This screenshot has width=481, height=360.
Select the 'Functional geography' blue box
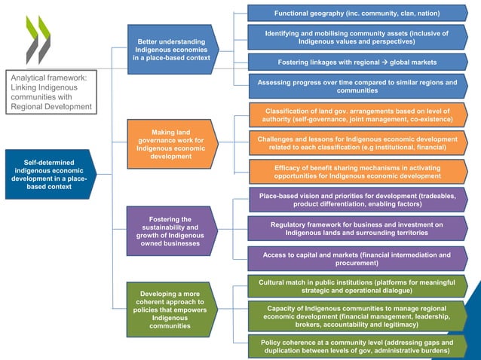[357, 14]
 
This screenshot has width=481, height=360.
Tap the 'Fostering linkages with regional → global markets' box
[357, 62]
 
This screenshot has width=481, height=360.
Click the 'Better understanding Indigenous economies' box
[173, 49]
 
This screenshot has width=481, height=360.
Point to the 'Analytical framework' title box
[51, 92]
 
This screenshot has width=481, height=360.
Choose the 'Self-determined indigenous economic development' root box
[50, 174]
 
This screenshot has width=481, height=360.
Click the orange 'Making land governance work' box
[173, 144]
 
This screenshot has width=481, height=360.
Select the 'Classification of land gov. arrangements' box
[357, 115]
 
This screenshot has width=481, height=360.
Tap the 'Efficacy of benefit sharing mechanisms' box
[357, 171]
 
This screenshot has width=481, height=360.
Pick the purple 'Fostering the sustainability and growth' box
[173, 231]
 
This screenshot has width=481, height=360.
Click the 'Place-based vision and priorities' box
[357, 200]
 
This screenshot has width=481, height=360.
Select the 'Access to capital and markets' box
[357, 259]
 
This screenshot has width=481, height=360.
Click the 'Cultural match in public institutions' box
[357, 286]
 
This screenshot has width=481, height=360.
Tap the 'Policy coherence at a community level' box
[357, 346]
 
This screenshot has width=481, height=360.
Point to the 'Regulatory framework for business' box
[357, 228]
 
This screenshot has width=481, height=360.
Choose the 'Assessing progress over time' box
[357, 86]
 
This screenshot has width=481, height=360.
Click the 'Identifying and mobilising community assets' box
[357, 37]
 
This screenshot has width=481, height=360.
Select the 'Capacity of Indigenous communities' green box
[357, 316]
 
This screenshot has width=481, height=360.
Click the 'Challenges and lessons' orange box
[357, 143]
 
